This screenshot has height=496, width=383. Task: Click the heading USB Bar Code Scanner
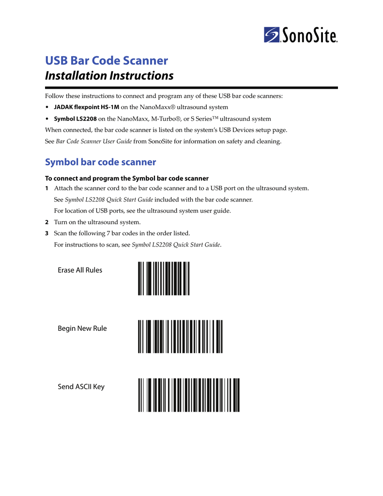click(x=107, y=61)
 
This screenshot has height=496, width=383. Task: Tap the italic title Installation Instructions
click(x=109, y=76)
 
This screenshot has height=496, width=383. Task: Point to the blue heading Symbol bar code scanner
click(x=100, y=162)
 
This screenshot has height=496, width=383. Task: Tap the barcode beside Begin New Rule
click(x=180, y=337)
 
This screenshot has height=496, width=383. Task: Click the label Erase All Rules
click(x=80, y=270)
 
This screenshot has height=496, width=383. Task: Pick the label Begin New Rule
click(x=82, y=328)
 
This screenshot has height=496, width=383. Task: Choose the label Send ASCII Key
click(x=81, y=387)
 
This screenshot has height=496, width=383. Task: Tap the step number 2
click(x=46, y=222)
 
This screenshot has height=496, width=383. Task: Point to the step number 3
click(x=46, y=233)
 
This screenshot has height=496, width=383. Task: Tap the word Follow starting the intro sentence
click(x=54, y=96)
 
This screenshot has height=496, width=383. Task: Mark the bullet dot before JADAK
click(x=47, y=107)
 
